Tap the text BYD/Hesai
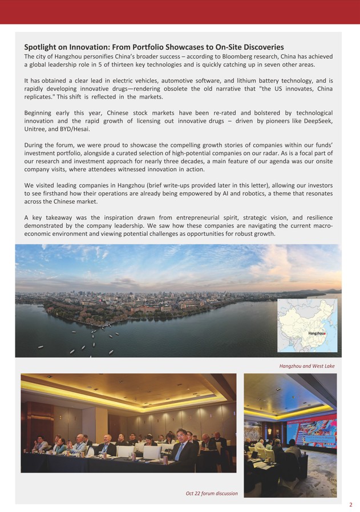click(75, 130)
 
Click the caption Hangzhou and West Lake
click(307, 366)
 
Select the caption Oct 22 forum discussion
click(212, 493)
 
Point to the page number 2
click(351, 505)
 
